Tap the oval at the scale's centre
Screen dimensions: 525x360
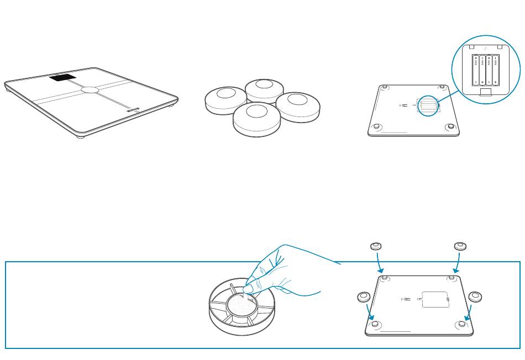90,89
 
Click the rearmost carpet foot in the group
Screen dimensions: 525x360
264,88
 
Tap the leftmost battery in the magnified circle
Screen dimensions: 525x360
476,70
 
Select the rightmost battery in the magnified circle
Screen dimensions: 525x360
496,70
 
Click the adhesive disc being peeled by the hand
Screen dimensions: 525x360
239,303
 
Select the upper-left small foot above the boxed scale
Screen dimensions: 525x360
376,246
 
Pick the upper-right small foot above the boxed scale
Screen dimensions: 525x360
459,246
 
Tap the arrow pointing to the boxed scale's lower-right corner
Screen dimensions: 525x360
468,312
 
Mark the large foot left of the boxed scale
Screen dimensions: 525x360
363,297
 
